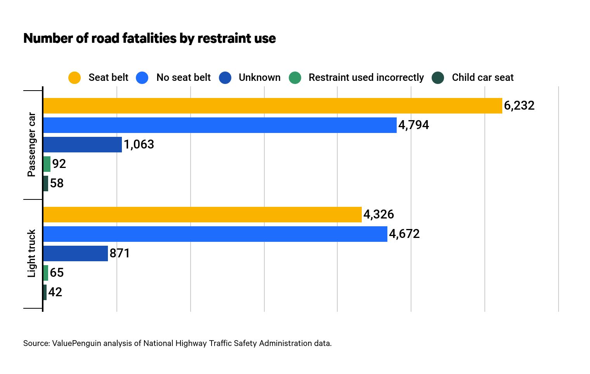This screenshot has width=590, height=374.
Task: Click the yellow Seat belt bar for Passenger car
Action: [272, 106]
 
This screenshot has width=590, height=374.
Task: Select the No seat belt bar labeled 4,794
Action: [220, 125]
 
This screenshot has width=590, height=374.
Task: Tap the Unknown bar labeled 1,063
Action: [82, 145]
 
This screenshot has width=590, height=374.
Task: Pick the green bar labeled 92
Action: [47, 164]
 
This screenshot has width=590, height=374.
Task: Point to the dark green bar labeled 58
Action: [46, 184]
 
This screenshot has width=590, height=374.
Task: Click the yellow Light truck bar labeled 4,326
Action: [202, 215]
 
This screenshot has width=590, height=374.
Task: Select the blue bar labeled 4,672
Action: [215, 234]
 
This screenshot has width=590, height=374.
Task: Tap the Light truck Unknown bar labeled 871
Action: [75, 253]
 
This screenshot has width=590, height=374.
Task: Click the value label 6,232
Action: [519, 106]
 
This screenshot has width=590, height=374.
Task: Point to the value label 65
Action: [57, 273]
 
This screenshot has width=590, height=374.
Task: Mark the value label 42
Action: [55, 292]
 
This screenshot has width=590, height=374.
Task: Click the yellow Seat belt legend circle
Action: [75, 78]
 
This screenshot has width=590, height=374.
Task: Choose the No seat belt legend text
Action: [183, 78]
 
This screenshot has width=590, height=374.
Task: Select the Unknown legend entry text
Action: [259, 78]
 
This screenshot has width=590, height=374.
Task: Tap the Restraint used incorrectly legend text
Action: [366, 78]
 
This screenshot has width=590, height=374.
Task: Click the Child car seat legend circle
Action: [438, 78]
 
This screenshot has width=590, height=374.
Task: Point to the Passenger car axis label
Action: [31, 145]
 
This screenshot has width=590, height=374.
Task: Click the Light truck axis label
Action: [31, 253]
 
